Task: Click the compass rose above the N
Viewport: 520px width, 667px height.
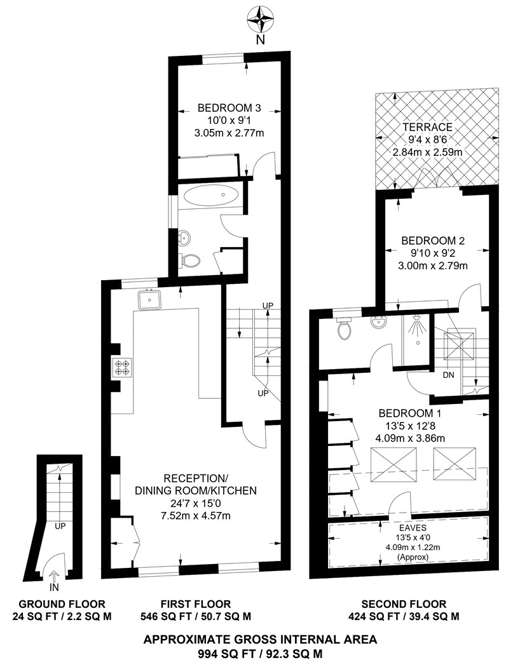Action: coord(260,20)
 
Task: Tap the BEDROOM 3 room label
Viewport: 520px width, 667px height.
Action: coord(229,108)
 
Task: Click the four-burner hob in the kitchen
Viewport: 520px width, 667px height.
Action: coord(122,368)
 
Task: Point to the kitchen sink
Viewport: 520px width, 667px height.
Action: coord(149,299)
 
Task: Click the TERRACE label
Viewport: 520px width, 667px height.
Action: coord(428,127)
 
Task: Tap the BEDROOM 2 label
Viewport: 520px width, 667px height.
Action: coord(433,241)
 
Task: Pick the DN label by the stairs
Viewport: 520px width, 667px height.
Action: coord(449,375)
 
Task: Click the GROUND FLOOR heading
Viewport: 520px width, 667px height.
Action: coord(62,603)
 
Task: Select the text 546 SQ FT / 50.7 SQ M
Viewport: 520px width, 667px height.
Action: coord(196,616)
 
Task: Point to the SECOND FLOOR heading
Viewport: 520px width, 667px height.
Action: coord(404,603)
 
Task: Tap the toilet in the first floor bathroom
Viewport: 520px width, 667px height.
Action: coord(190,260)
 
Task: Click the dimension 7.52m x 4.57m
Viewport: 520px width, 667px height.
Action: coord(196,516)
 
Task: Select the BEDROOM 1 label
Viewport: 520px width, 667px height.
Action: coord(410,413)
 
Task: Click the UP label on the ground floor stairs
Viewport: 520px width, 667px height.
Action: coord(60,526)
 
